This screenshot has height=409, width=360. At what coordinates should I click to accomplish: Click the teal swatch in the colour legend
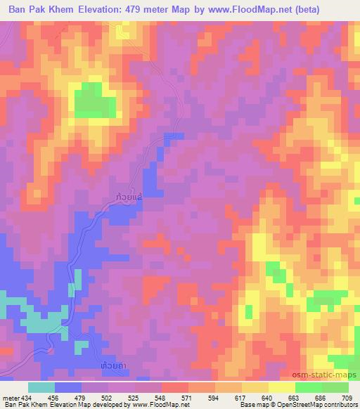[x=41, y=387]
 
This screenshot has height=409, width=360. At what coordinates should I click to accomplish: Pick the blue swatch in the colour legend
[x=67, y=387]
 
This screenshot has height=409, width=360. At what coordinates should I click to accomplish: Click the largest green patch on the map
[x=94, y=100]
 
